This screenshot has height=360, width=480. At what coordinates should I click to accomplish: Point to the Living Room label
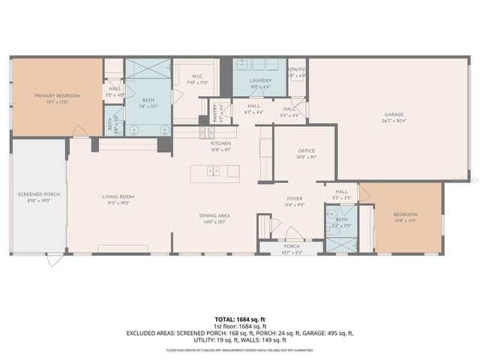click(118, 197)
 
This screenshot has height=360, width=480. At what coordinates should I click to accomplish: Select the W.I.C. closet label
click(197, 76)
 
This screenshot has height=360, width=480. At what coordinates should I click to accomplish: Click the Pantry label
click(213, 110)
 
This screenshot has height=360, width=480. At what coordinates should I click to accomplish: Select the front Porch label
click(291, 246)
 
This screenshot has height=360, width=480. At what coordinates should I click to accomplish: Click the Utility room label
click(296, 70)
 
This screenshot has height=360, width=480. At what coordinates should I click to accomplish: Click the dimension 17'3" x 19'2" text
click(118, 202)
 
